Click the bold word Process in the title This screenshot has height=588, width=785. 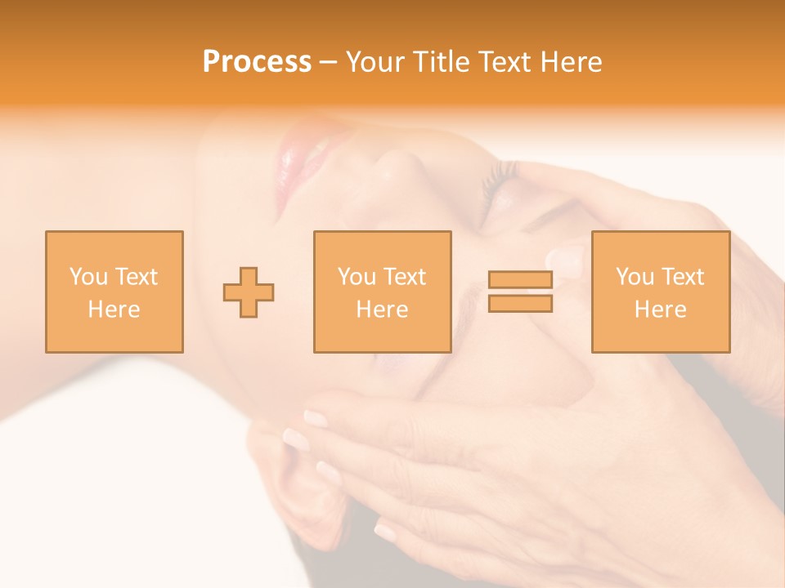[x=257, y=62]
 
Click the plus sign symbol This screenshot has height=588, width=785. [x=249, y=292]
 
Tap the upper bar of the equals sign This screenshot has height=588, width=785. [x=520, y=280]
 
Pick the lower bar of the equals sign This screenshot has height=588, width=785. [x=520, y=303]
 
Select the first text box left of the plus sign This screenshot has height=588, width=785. [x=114, y=292]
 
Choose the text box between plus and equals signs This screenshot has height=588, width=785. [x=382, y=292]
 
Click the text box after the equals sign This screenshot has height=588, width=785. [x=660, y=292]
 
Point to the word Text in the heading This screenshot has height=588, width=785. [x=503, y=62]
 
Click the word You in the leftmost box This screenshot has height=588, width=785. [x=87, y=277]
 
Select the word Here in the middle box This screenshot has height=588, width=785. [x=382, y=310]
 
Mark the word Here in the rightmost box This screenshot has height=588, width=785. [x=660, y=310]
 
